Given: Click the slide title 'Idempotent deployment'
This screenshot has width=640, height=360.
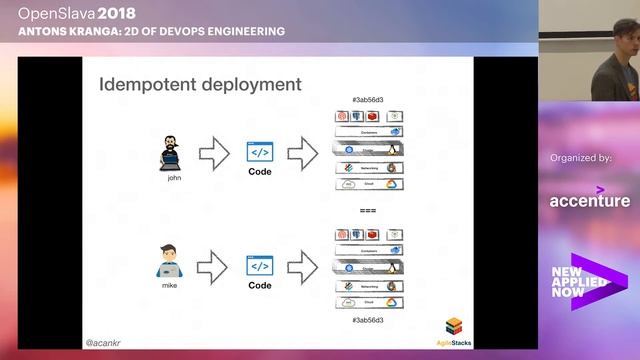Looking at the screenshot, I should pos(199,84).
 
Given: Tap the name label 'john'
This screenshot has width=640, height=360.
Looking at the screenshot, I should pos(174,178).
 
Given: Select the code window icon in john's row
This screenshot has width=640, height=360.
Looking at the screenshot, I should pos(259,152).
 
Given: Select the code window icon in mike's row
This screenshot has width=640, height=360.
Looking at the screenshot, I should pos(259,265).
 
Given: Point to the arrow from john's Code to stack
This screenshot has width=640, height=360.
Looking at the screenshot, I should pos(303,154).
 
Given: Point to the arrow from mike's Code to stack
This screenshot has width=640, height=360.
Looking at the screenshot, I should pos(303,266).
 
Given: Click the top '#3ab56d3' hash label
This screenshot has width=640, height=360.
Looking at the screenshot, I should pos(369,101).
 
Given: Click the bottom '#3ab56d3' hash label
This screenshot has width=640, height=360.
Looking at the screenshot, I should pos(369,319).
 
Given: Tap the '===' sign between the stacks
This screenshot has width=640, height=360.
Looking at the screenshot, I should pos(369,210).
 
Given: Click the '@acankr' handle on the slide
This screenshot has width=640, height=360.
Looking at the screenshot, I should pos(104,340).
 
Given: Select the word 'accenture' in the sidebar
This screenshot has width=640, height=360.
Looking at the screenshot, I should pos(590,200).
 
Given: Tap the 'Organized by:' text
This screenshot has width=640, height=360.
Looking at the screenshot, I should pos(581,157).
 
